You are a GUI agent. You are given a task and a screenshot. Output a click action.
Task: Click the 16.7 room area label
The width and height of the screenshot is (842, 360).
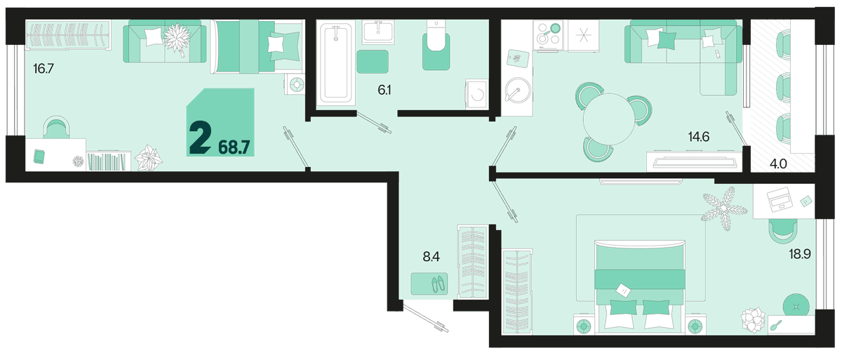(x=44, y=69)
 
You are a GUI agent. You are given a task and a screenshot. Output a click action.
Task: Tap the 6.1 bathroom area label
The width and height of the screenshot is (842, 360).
(x=385, y=91)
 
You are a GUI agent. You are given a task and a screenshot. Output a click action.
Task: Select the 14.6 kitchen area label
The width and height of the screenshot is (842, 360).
(x=699, y=137)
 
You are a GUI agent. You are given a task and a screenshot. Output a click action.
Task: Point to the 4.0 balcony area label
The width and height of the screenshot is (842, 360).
(x=777, y=164)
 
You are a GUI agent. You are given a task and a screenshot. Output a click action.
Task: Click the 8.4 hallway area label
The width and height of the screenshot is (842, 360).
(x=431, y=257)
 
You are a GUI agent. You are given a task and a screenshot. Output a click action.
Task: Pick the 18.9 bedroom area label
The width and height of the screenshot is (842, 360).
(x=799, y=255)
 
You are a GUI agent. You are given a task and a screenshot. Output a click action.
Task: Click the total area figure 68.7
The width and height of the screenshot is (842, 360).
(x=234, y=147)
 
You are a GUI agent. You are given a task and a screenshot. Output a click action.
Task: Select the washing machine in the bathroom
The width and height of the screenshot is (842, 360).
(x=476, y=94)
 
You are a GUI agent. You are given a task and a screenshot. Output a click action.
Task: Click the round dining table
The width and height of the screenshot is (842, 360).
(x=609, y=119)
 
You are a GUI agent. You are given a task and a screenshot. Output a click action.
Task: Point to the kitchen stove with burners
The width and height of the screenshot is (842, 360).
(x=549, y=34)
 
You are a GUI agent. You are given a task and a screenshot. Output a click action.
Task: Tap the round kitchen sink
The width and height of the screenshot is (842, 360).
(x=518, y=91)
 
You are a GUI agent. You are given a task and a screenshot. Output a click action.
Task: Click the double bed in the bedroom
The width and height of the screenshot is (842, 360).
(x=640, y=286)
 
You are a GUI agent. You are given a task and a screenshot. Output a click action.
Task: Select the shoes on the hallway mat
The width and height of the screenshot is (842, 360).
(x=438, y=284)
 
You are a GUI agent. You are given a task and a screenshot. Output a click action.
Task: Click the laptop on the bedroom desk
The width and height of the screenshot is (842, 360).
(x=780, y=199)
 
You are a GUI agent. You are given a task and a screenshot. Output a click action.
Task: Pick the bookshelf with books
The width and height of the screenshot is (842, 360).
(x=108, y=161)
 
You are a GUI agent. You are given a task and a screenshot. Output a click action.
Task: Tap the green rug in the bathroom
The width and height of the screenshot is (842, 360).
(x=372, y=62)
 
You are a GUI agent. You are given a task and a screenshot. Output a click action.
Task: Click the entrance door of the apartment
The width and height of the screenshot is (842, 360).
(x=425, y=319)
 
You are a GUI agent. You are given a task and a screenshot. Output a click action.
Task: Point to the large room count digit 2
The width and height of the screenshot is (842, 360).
(x=200, y=138)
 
